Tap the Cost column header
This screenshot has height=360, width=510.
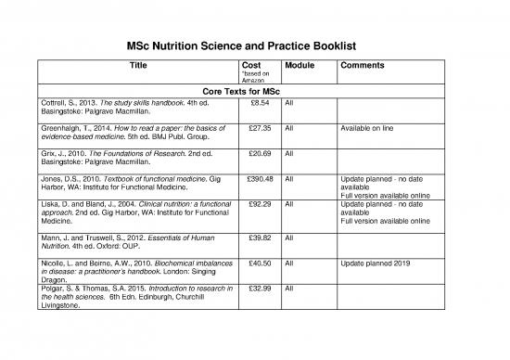pyautogui.click(x=250, y=67)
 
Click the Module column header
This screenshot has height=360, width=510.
pyautogui.click(x=300, y=67)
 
